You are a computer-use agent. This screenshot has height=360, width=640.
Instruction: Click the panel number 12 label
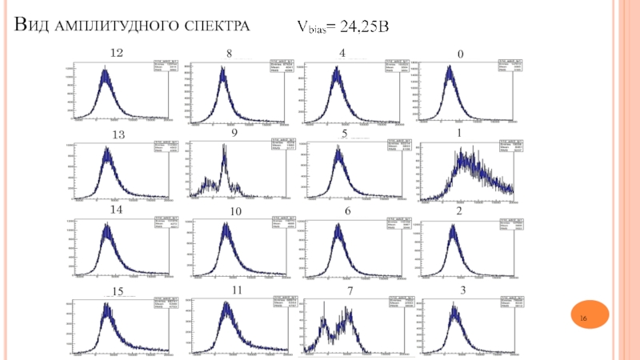click(116, 53)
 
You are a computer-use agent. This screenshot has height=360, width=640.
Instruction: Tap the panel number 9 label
click(234, 134)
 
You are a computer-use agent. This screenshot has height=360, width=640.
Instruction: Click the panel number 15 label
click(117, 290)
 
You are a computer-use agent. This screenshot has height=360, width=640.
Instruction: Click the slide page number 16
click(583, 320)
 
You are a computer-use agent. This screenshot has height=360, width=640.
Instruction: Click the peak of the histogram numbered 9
click(224, 147)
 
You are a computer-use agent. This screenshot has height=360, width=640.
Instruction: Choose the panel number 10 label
click(235, 211)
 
